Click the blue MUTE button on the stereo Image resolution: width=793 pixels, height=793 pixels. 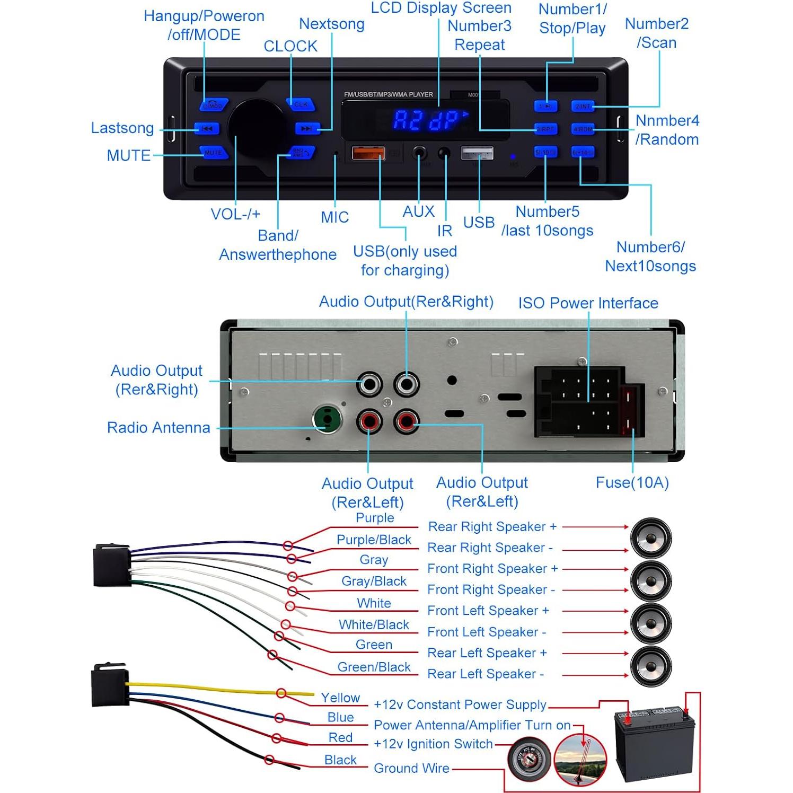[213, 153]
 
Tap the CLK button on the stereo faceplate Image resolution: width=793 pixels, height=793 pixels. [301, 104]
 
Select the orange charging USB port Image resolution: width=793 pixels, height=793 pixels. [368, 153]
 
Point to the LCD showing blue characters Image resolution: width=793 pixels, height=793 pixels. [426, 120]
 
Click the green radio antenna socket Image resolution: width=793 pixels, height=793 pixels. [327, 419]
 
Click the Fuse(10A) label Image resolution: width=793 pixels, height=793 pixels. [632, 482]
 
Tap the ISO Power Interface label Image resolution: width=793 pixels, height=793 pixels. [588, 303]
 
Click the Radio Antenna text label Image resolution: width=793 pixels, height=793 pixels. [158, 428]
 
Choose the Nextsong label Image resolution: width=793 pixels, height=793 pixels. [332, 24]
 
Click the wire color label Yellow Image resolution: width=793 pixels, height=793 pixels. [340, 698]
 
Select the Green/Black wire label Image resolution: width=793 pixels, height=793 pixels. [374, 667]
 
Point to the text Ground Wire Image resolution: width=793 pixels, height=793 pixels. [411, 768]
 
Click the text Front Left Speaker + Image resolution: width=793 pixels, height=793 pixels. [488, 611]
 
